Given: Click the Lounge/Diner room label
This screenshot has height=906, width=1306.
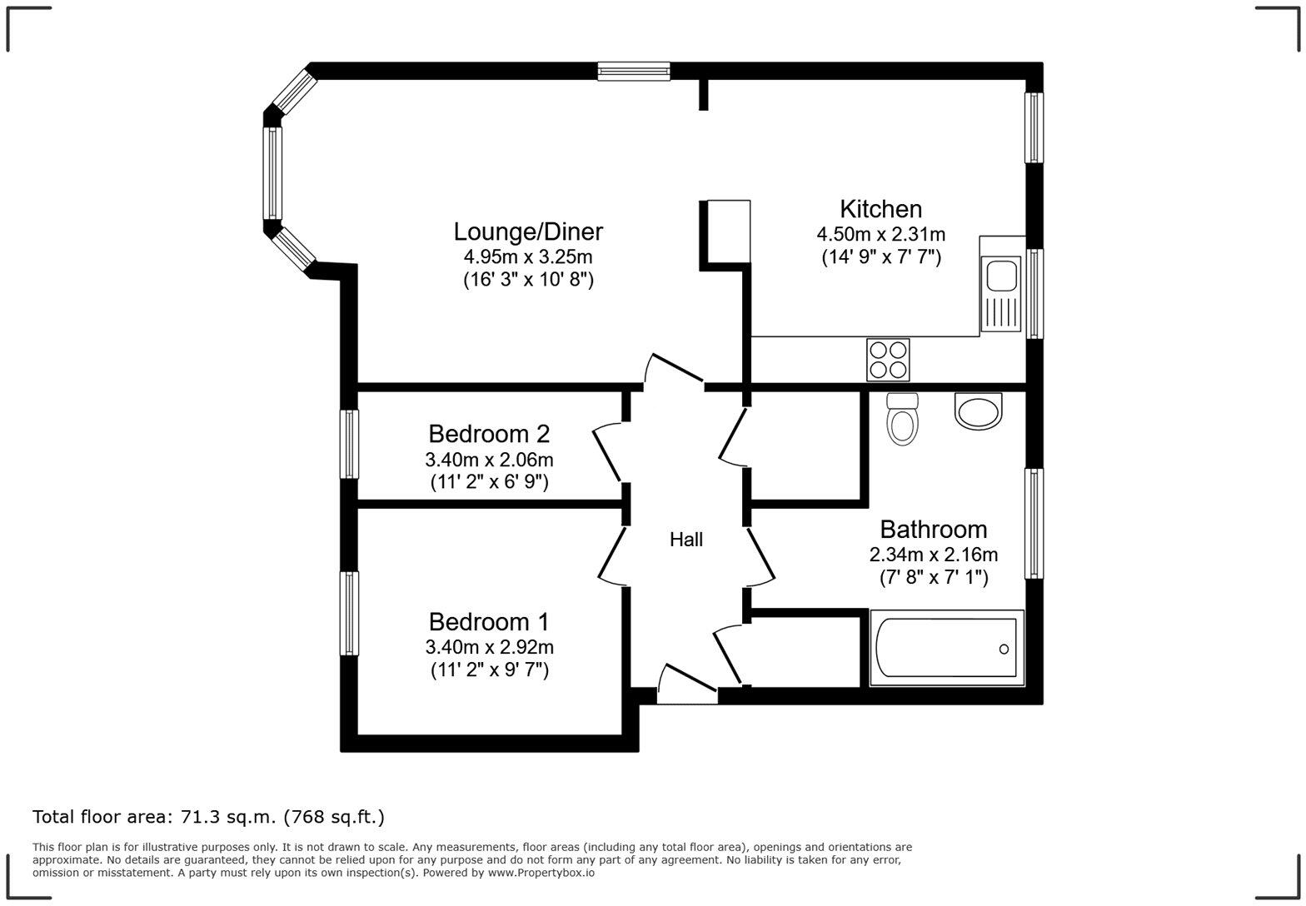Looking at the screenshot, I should [528, 231].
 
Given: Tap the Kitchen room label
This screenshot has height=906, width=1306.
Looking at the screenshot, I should [880, 209].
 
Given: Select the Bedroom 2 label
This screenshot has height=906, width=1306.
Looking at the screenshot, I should [489, 434].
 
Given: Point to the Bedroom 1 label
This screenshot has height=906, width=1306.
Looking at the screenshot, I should [489, 622].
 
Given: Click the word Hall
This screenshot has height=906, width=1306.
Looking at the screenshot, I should [686, 540].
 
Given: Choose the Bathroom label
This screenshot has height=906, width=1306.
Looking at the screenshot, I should [933, 530].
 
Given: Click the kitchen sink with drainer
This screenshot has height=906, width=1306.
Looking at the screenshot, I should [1000, 293].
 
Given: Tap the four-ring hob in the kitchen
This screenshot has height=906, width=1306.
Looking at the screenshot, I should [887, 360].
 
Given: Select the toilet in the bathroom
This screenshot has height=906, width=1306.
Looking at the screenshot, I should [902, 418].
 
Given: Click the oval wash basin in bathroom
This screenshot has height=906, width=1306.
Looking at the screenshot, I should [978, 412].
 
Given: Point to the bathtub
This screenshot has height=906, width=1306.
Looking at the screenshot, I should [946, 648].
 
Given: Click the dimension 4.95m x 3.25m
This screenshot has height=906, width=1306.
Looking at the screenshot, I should [528, 256].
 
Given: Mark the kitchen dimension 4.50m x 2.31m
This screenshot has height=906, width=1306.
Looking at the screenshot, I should [881, 235].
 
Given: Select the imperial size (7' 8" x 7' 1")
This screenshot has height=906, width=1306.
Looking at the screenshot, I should [934, 577].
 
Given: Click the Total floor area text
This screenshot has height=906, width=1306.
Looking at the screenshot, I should [208, 817].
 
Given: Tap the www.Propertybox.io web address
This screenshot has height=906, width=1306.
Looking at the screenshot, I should [541, 873].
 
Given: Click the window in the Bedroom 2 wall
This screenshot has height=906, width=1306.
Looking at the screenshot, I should [349, 444].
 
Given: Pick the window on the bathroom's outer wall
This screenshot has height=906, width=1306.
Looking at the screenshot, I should [1034, 523].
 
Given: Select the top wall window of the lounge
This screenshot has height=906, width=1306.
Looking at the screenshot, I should [634, 72].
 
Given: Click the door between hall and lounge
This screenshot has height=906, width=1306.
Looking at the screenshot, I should [675, 369].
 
